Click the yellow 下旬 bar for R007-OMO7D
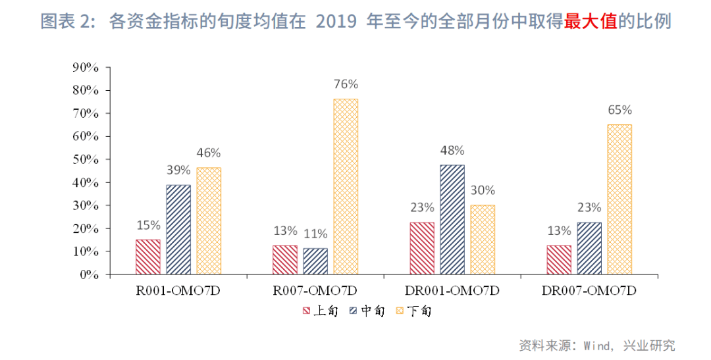point(346,186)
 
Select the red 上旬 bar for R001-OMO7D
point(148,257)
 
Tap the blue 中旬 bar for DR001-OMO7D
point(452,219)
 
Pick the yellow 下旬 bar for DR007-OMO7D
point(619,199)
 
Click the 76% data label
point(346,84)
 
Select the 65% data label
point(619,109)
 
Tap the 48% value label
point(452,150)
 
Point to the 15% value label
point(148,225)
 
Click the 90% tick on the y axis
point(86,67)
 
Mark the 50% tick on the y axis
point(86,159)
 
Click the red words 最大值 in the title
point(591,21)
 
